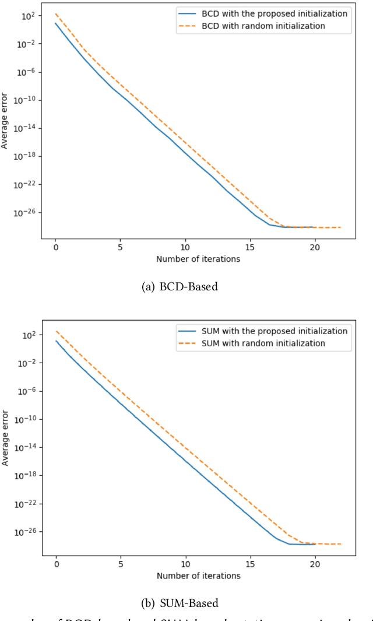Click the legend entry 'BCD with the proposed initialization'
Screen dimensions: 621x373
pos(274,13)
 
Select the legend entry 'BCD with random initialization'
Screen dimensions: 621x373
pos(263,26)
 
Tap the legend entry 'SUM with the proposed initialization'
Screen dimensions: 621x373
pos(274,331)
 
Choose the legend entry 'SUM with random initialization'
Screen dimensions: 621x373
pos(263,343)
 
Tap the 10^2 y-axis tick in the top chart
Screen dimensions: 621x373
pos(29,16)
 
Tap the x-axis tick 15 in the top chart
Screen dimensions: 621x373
pos(250,247)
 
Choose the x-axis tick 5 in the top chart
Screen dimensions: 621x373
pos(121,247)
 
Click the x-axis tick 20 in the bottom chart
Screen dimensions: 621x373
pos(315,564)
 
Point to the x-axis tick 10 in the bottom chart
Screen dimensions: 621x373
pos(185,564)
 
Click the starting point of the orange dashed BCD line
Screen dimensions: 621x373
pos(56,14)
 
